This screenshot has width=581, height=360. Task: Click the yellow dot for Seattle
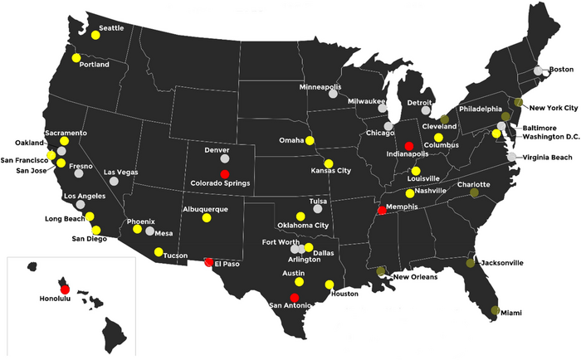click(x=91, y=36)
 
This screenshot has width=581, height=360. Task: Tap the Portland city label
click(x=94, y=64)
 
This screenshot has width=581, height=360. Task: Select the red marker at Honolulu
click(x=65, y=289)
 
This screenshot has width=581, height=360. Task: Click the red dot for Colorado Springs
click(x=224, y=173)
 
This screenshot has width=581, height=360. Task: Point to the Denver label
click(x=216, y=150)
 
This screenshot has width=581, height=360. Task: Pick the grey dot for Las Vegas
click(x=113, y=181)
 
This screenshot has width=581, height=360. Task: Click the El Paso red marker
click(x=208, y=262)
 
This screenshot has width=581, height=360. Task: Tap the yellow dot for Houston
click(x=330, y=285)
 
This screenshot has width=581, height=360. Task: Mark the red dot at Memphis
click(x=382, y=210)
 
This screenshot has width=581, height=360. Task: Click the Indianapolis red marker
click(x=408, y=146)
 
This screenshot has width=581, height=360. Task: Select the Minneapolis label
click(x=320, y=86)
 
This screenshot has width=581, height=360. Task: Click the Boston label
click(x=562, y=69)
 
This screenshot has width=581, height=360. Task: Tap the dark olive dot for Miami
click(x=496, y=310)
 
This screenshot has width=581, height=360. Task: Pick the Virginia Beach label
click(x=545, y=157)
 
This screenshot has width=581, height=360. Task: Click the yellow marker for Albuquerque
click(x=206, y=219)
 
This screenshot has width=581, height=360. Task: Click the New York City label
click(x=554, y=108)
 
